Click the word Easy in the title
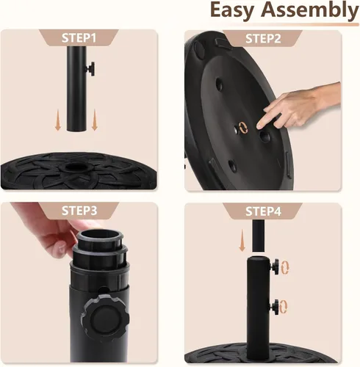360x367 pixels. [232, 11]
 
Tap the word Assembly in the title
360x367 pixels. [310, 11]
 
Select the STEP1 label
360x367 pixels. [79, 38]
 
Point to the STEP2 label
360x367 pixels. [263, 39]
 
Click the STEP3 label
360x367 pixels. [79, 211]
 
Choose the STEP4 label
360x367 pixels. [263, 211]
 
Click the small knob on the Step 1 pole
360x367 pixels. [90, 69]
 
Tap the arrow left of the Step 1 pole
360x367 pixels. [58, 120]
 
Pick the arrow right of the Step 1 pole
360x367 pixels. [95, 120]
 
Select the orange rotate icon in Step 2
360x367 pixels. [243, 128]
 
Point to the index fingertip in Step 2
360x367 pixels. [259, 126]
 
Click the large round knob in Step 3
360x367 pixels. [105, 318]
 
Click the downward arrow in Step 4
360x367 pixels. [242, 241]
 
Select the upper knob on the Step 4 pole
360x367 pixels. [275, 266]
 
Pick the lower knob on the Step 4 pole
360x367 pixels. [275, 307]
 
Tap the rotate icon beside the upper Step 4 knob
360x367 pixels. [285, 267]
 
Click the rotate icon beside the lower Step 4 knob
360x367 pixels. [284, 307]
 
